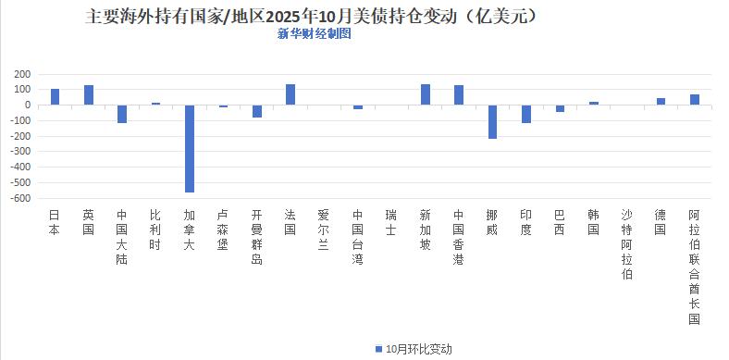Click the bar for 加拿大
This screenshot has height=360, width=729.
190,148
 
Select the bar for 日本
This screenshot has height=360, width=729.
55,96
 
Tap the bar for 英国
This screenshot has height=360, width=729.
89,94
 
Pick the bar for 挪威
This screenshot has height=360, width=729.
492,121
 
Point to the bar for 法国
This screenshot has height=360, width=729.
290,94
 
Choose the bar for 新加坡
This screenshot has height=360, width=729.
426,94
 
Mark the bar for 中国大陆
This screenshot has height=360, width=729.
122,114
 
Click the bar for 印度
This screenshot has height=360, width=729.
526,114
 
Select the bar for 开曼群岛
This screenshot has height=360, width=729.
257,111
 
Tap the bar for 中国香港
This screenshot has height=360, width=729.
459,94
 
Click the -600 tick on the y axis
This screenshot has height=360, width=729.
20,198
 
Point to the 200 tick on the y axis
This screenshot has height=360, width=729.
22,74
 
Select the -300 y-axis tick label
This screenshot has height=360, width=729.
20,152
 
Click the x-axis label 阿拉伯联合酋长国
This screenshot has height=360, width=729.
695,267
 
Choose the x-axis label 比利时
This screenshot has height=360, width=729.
155,228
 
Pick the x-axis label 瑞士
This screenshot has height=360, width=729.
391,221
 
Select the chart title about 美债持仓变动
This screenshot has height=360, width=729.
313,16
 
